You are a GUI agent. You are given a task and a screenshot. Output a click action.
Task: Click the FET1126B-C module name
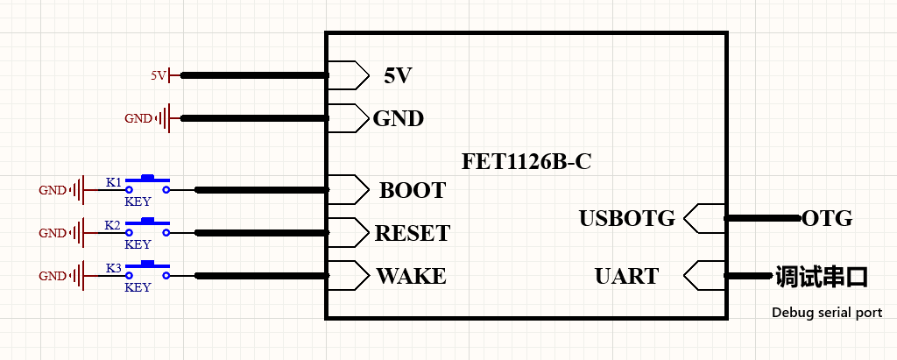[x=526, y=162]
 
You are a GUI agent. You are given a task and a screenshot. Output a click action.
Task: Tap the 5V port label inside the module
[x=398, y=75]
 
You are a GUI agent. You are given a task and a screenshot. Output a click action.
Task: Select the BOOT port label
[x=412, y=190]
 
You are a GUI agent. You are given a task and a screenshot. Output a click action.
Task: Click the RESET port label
[x=413, y=233]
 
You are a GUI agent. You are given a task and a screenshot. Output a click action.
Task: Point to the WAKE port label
[x=412, y=276]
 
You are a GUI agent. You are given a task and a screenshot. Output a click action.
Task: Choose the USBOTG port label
[x=627, y=219]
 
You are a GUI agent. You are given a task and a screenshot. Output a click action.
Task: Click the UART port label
[x=627, y=276]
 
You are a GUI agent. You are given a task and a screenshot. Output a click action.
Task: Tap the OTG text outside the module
[x=827, y=218]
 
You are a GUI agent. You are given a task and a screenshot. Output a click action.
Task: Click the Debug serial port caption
[x=827, y=313]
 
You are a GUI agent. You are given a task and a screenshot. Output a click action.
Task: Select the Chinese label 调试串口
[x=822, y=276]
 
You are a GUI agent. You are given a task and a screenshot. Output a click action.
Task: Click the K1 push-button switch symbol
[x=147, y=186]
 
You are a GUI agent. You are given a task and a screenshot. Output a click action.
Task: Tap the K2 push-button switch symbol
[x=147, y=229]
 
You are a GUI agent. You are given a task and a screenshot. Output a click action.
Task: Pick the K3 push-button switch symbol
[x=147, y=272]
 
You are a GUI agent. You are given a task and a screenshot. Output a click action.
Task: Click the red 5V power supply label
[x=159, y=75]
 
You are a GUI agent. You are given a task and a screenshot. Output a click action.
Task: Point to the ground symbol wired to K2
[x=78, y=233]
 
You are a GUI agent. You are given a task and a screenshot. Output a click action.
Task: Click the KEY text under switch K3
[x=138, y=287]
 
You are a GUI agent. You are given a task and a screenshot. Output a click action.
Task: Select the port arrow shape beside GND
[x=349, y=118]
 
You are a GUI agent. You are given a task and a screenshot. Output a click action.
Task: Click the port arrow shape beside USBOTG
[x=705, y=219]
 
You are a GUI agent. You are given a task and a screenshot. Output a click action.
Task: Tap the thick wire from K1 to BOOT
[x=262, y=190]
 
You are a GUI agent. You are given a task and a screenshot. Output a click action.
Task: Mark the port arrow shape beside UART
[x=705, y=276]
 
